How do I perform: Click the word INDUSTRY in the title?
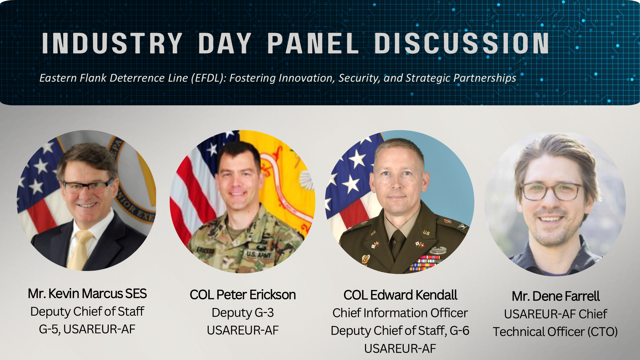coord(112,43)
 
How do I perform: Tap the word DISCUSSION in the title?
coord(462,43)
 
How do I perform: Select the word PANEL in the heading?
coord(313,43)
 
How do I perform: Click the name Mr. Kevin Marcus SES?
coord(87,294)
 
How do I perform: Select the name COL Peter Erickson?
coord(243,295)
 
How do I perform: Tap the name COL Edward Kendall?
coord(400,295)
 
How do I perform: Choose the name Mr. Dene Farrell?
coord(556,296)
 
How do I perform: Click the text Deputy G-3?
coord(243,313)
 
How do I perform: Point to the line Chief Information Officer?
coord(400,313)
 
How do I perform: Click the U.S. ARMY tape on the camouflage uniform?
coord(259,254)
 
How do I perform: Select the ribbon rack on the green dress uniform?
coord(425,263)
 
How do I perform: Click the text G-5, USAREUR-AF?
coord(87,329)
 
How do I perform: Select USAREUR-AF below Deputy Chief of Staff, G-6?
coord(400,349)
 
